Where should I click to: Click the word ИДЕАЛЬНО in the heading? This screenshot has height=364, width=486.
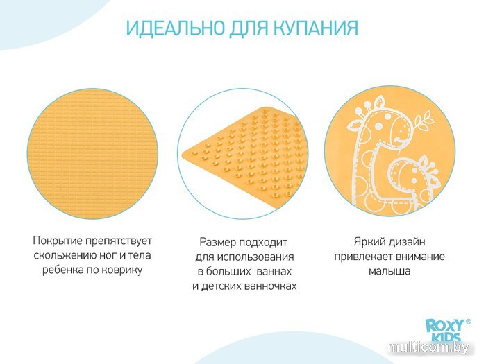tap(176, 28)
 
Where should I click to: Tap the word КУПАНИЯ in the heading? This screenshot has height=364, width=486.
tap(316, 28)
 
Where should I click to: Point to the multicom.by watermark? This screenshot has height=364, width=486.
tap(428, 348)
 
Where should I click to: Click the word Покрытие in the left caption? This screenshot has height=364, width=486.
tap(58, 241)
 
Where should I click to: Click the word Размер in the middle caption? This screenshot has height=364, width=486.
tap(217, 243)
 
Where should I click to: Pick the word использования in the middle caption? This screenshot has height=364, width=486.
tap(255, 257)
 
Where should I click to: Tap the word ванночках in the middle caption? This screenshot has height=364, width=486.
tap(270, 286)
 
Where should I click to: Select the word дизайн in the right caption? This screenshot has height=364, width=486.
tap(408, 242)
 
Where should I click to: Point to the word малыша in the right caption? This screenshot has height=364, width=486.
tap(389, 271)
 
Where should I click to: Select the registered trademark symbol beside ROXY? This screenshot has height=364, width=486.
tap(469, 322)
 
